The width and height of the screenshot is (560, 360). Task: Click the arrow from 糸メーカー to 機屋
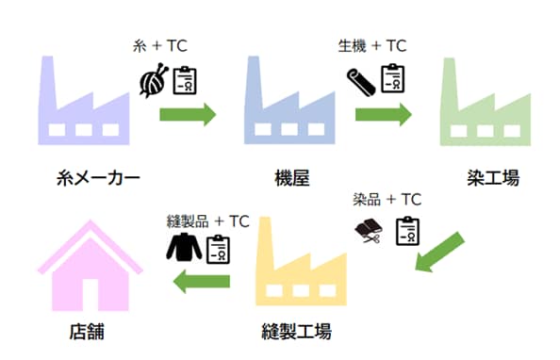(x=188, y=115)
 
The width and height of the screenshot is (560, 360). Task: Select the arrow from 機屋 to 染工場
(x=383, y=115)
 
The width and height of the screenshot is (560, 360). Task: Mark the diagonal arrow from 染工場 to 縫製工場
(x=442, y=252)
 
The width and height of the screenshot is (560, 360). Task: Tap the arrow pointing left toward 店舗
(x=202, y=280)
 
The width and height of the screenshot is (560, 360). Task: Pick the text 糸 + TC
(x=159, y=45)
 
